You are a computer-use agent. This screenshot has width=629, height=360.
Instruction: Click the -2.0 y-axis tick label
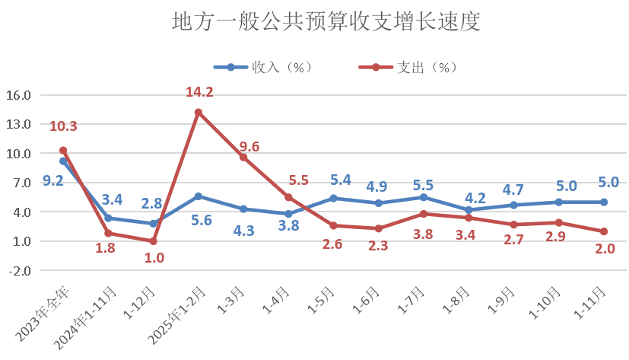tap(20, 270)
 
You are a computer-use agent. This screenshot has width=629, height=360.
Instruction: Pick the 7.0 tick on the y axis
tap(20, 183)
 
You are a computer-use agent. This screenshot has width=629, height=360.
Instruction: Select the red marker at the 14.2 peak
tap(199, 113)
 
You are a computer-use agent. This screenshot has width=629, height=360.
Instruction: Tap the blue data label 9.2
tap(52, 180)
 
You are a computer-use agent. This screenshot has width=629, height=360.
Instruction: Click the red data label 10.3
tap(63, 126)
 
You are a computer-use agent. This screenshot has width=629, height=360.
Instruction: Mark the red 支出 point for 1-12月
tap(153, 241)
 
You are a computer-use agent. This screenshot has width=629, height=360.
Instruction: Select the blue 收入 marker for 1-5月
tap(333, 198)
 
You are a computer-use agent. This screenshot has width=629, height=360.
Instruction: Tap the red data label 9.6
tap(249, 147)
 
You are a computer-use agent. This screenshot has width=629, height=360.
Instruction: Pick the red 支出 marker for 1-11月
tap(604, 231)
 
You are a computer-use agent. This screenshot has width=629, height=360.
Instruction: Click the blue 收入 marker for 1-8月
tap(469, 210)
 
